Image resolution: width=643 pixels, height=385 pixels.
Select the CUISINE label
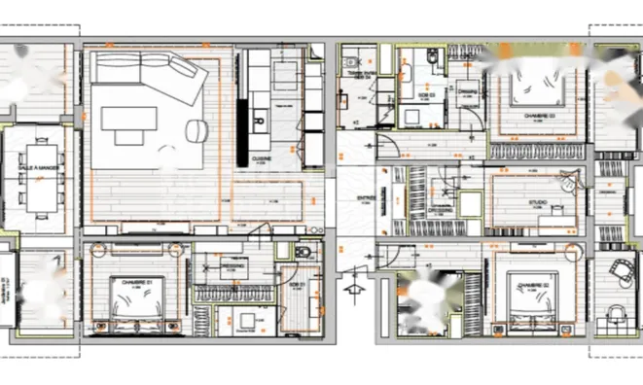point(261,157)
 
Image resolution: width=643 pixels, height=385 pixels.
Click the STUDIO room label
point(537,203)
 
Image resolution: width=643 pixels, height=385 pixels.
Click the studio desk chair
point(568,182)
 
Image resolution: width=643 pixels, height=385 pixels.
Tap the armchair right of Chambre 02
point(615,269)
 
